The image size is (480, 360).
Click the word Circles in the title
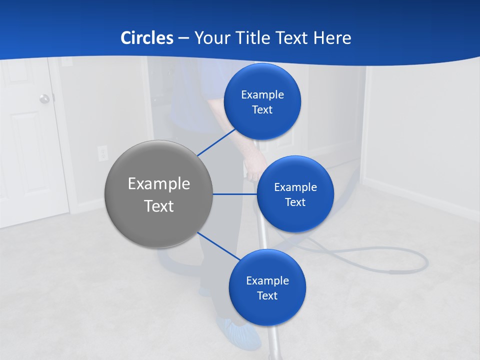146,38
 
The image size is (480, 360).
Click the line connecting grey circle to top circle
216,142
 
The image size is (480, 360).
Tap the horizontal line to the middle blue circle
234,194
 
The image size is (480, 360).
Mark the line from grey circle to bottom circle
219,246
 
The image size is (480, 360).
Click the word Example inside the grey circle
158,184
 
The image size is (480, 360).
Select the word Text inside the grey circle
158,206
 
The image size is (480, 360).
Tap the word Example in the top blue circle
262,95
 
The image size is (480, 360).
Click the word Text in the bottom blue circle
267,295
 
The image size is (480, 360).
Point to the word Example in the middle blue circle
295,187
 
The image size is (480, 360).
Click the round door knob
44,98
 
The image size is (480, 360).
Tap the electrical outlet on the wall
102,152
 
